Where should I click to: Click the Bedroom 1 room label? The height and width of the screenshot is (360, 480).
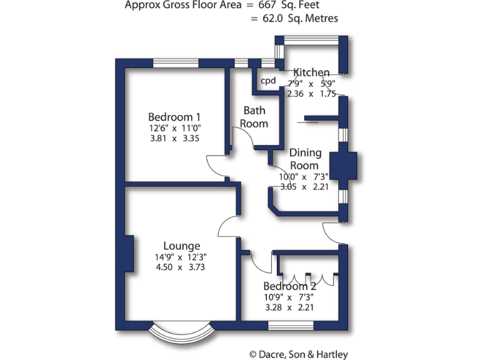[x=174, y=117]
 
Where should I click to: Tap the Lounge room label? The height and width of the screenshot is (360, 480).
[x=182, y=246]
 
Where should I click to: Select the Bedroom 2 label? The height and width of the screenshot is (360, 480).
[x=289, y=286]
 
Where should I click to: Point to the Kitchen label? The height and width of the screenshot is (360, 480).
[x=311, y=72]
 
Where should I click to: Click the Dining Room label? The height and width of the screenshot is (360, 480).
[x=305, y=159]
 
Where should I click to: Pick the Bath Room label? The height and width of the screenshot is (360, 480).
[x=254, y=117]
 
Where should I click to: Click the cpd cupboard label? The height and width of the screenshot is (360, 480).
[x=268, y=81]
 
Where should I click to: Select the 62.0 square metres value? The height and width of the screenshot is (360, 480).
[x=273, y=19]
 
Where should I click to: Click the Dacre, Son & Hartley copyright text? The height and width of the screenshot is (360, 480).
[x=298, y=354]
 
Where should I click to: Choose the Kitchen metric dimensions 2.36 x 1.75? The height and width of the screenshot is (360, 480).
[x=311, y=94]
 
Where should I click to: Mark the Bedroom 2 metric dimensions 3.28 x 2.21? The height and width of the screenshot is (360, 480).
[x=289, y=307]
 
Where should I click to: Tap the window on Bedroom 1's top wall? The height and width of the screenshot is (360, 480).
[x=176, y=62]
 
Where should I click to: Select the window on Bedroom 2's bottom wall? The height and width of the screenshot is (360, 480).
[x=290, y=326]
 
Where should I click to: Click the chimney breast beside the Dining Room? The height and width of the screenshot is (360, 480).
[x=342, y=166]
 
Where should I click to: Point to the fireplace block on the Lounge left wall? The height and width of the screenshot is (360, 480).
[x=129, y=253]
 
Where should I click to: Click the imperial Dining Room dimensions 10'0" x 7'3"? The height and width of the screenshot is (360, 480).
[x=303, y=177]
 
